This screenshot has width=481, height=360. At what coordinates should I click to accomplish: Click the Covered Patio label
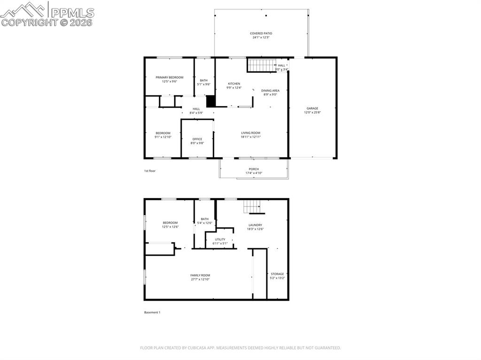pyautogui.click(x=261, y=33)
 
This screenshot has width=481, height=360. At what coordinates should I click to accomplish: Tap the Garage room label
pyautogui.click(x=312, y=108)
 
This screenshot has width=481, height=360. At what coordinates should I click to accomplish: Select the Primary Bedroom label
pyautogui.click(x=170, y=77)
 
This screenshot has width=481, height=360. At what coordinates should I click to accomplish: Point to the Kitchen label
pyautogui.click(x=234, y=84)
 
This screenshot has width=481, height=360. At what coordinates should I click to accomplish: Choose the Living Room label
pyautogui.click(x=250, y=133)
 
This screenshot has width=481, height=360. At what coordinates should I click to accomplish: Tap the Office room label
pyautogui.click(x=197, y=139)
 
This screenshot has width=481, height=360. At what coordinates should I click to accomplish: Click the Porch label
pyautogui.click(x=254, y=169)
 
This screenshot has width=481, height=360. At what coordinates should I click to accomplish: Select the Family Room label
pyautogui.click(x=200, y=275)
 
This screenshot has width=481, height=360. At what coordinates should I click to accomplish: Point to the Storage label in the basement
pyautogui.click(x=277, y=274)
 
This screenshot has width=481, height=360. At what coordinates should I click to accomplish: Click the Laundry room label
pyautogui.click(x=255, y=225)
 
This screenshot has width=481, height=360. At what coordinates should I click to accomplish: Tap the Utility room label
pyautogui.click(x=220, y=239)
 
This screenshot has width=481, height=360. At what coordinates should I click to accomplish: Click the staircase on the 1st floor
pyautogui.click(x=261, y=65)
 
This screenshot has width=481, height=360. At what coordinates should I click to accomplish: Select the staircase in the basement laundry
pyautogui.click(x=251, y=207)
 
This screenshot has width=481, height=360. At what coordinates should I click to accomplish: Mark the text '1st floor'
pyautogui.click(x=150, y=171)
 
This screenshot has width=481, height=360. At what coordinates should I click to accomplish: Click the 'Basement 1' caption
pyautogui.click(x=152, y=312)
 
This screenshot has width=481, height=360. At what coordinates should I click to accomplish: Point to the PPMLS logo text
pyautogui.click(x=70, y=12)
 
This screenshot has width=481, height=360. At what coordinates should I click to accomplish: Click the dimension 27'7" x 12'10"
pyautogui.click(x=200, y=279)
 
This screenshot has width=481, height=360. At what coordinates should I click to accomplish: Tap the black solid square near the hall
pyautogui.click(x=210, y=101)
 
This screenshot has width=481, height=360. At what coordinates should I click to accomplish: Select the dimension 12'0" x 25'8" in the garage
pyautogui.click(x=312, y=113)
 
